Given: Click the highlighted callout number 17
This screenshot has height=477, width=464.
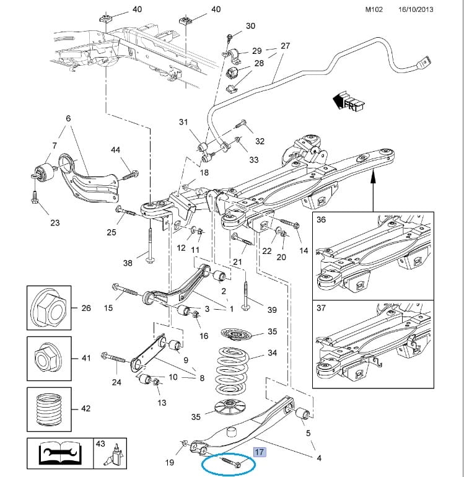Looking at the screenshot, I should click(x=260, y=453).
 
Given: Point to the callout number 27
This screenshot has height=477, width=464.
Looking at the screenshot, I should click(x=285, y=46).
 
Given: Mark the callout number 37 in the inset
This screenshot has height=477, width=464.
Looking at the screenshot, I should click(x=321, y=309).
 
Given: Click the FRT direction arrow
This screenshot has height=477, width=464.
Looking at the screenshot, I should click(x=348, y=100).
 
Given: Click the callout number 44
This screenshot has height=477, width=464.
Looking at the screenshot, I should click(x=115, y=151).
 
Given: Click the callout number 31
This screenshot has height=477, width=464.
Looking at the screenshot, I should click(x=183, y=123).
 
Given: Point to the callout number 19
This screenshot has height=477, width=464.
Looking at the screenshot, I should click(x=170, y=462).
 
